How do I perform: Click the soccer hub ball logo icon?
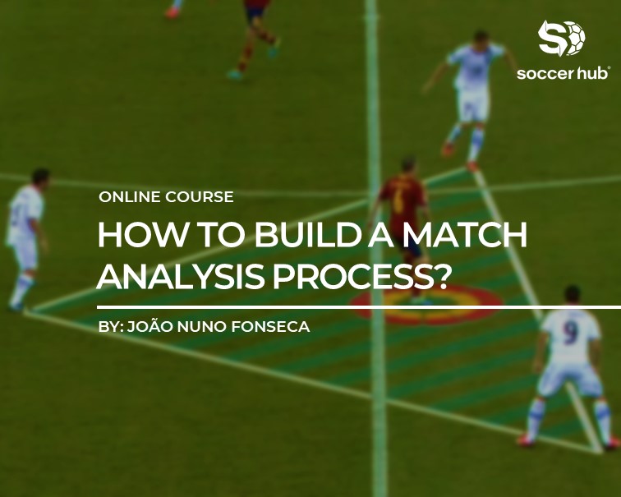click(x=562, y=39)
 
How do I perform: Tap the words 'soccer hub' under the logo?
click(x=563, y=73)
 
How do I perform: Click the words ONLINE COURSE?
click(x=166, y=197)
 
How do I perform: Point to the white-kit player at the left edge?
click(x=26, y=238)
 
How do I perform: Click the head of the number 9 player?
click(x=573, y=295)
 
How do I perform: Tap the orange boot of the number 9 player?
click(x=526, y=441)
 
